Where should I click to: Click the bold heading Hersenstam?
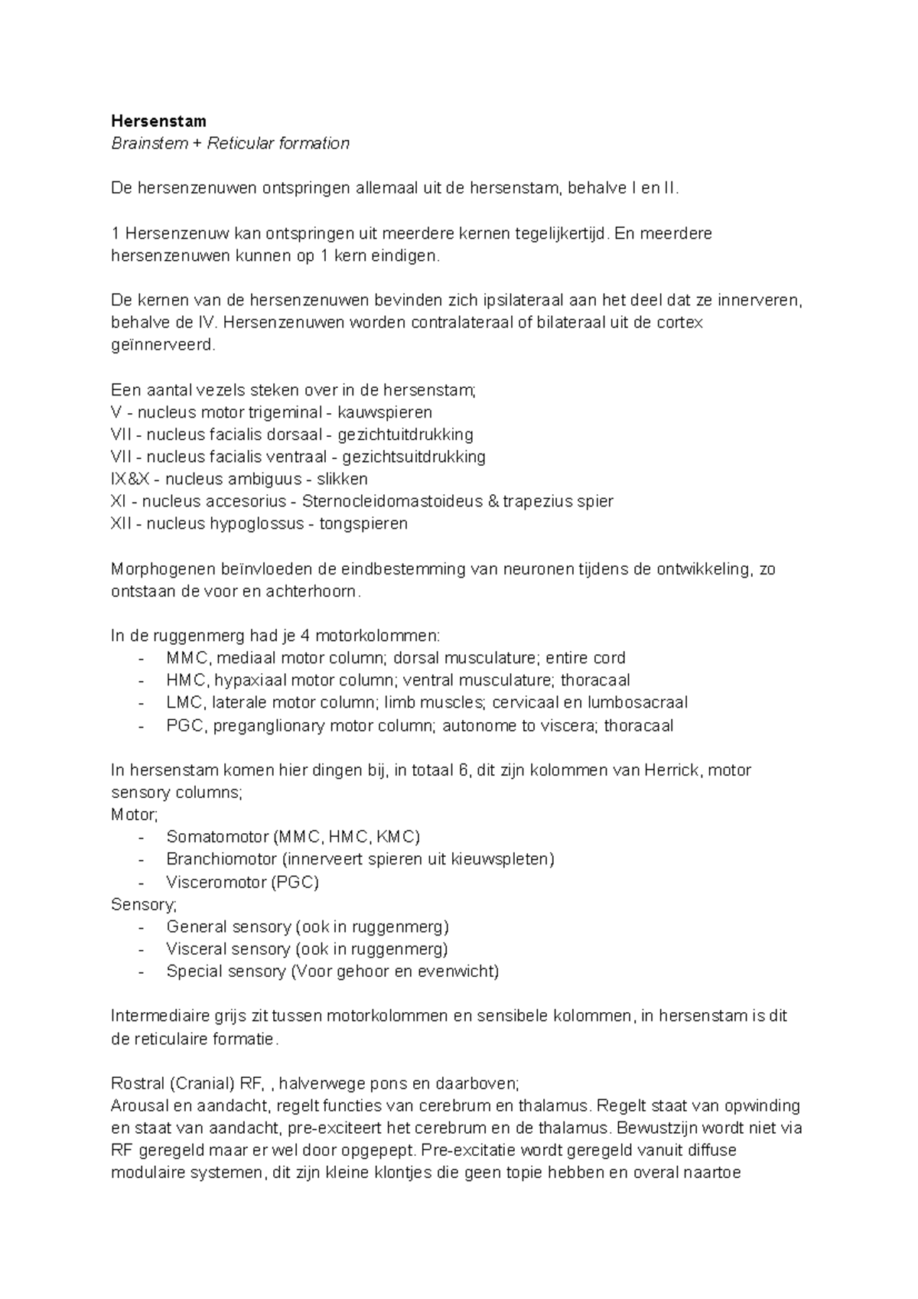pyautogui.click(x=158, y=121)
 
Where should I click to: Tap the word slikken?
pyautogui.click(x=343, y=480)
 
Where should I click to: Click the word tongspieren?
pyautogui.click(x=363, y=524)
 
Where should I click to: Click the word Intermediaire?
pyautogui.click(x=158, y=1017)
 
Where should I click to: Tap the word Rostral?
pyautogui.click(x=138, y=1083)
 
